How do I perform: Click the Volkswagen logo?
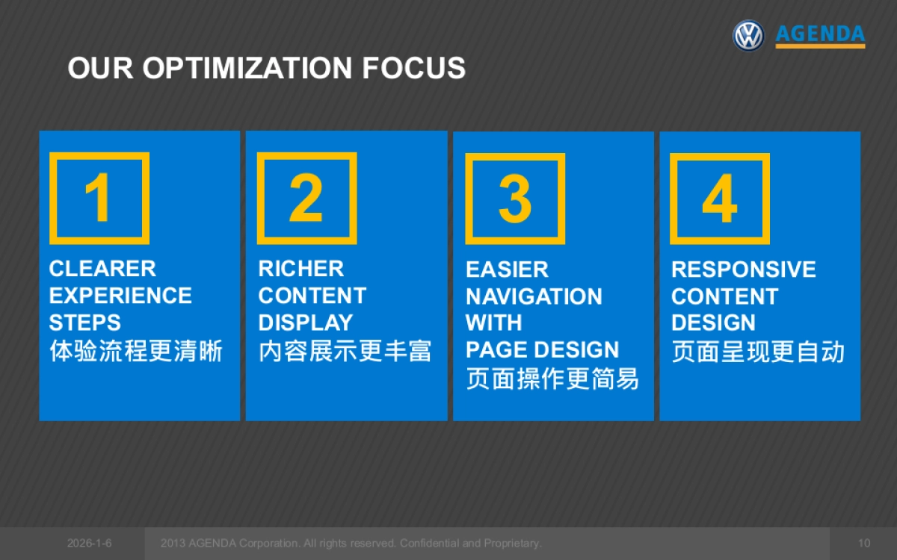click(748, 36)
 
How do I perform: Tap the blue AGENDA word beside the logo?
click(820, 34)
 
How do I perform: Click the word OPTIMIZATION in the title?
click(247, 68)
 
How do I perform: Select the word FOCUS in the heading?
click(413, 68)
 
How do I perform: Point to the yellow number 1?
click(98, 197)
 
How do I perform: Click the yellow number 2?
click(306, 198)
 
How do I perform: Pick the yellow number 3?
click(515, 199)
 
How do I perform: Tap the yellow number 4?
click(720, 199)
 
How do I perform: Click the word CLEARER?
click(102, 268)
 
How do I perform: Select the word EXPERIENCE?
click(120, 296)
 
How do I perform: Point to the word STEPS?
click(85, 323)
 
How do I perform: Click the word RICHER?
click(301, 268)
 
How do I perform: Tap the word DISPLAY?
click(306, 323)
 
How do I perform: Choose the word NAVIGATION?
click(534, 296)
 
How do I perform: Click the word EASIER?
click(508, 270)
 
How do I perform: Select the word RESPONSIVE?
click(744, 270)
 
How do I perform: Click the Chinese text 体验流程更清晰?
click(136, 351)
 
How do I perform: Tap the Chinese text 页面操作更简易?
click(552, 379)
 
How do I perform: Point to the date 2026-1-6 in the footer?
click(89, 544)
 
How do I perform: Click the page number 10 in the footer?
click(864, 544)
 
